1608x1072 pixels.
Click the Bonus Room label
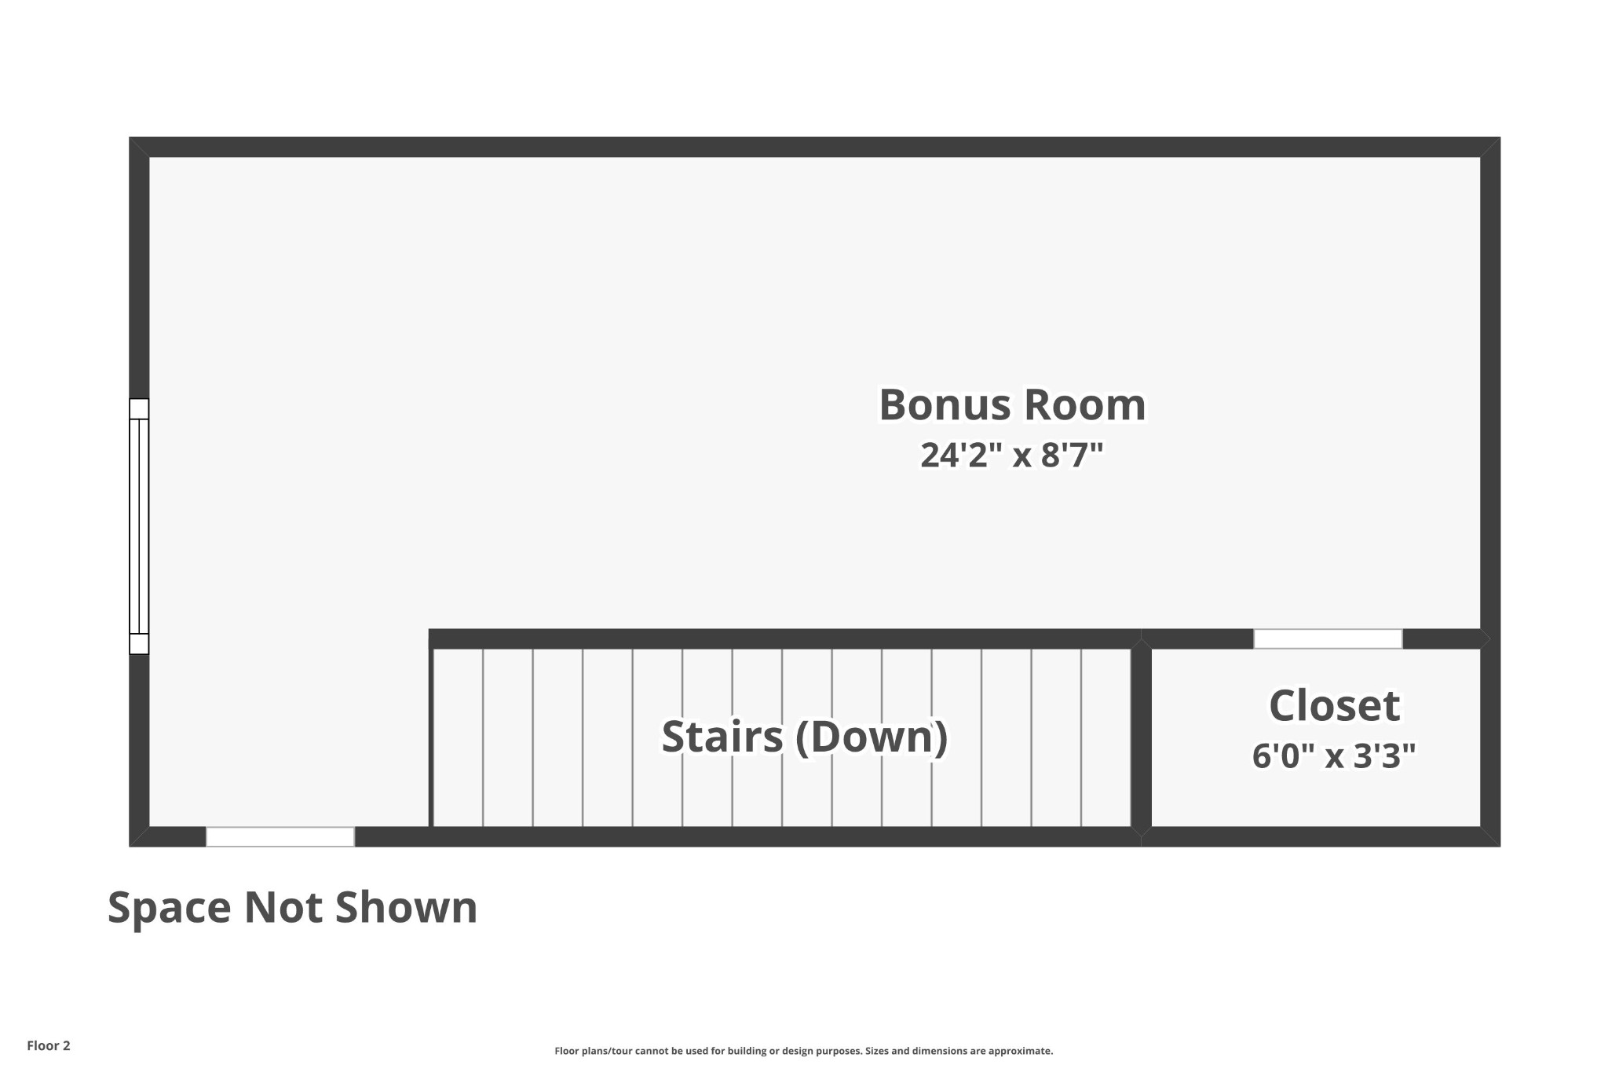point(1012,405)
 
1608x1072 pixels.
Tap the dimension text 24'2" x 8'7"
point(1012,455)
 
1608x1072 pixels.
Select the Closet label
point(1334,705)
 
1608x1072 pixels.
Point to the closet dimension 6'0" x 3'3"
point(1334,756)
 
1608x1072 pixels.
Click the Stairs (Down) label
point(805,737)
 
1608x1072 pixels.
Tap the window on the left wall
point(139,526)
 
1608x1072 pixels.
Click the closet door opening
point(1328,638)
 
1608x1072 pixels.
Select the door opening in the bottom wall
point(280,836)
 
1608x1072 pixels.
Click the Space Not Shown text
point(292,908)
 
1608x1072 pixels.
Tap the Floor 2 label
point(49,1045)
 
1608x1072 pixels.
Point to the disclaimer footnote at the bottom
point(803,1051)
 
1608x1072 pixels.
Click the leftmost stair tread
point(459,737)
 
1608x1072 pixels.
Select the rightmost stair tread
point(1106,737)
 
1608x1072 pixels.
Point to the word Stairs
point(722,737)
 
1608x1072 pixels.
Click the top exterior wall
point(814,147)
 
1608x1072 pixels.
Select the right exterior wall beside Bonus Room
point(1490,393)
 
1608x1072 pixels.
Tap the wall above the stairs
point(784,638)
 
